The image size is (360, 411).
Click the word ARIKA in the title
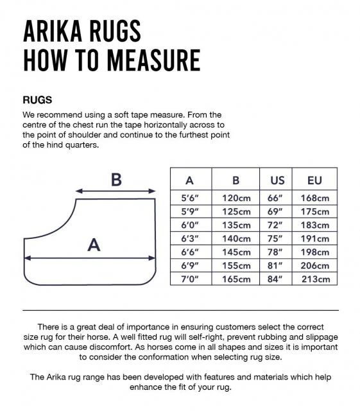(x=53, y=31)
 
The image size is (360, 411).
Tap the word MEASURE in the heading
(x=154, y=60)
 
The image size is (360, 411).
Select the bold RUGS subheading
(x=37, y=100)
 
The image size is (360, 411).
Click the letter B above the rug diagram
(x=116, y=180)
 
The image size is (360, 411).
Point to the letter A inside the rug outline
(x=94, y=245)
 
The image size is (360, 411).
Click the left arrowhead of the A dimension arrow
(x=27, y=258)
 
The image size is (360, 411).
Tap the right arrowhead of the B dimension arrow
(x=152, y=191)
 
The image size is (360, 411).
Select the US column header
(x=277, y=180)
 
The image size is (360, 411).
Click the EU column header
(x=314, y=180)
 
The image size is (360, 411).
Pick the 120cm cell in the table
(x=236, y=198)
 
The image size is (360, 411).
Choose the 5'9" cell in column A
(x=190, y=211)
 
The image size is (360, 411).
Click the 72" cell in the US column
(x=275, y=225)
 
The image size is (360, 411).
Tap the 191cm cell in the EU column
(x=315, y=239)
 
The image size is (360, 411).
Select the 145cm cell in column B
(x=236, y=252)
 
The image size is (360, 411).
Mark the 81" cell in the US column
(x=275, y=266)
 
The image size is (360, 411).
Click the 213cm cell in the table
(x=316, y=279)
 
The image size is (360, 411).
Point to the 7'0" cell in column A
(x=190, y=279)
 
